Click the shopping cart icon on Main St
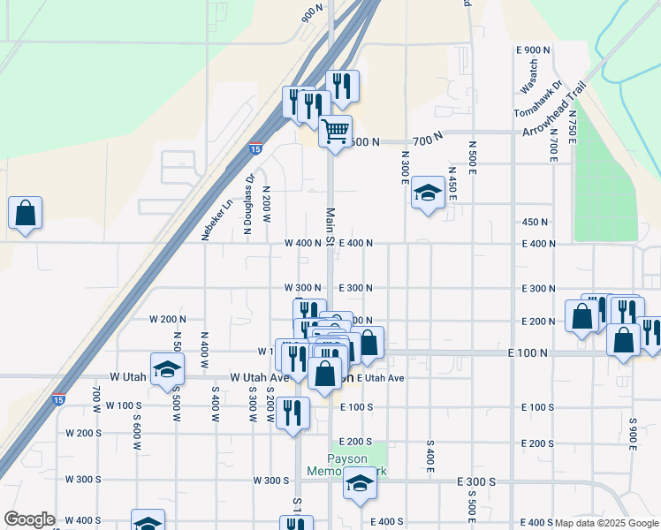335,132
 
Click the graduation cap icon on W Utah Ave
166,369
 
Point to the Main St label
330,229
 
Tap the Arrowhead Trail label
555,109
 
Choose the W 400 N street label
302,243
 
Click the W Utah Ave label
260,377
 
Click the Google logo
29,519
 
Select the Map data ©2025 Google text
605,523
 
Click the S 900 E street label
633,433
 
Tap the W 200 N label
168,318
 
